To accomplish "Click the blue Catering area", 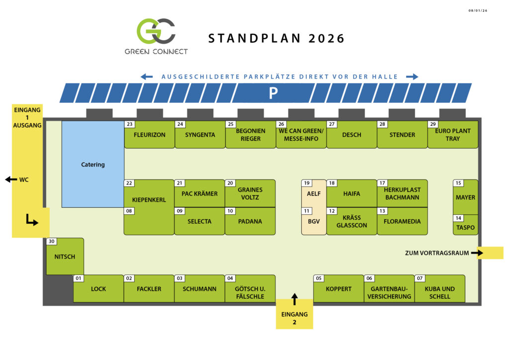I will click(x=93, y=165).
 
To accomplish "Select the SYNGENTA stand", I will click(x=200, y=135).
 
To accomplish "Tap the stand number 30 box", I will click(x=51, y=242).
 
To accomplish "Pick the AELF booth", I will click(x=314, y=194).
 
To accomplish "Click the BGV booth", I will click(x=314, y=222).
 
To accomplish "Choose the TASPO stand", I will click(x=465, y=228).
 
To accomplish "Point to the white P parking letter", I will click(x=273, y=93).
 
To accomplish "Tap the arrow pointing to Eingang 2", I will click(x=294, y=299).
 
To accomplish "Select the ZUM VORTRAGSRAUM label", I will click(x=437, y=253).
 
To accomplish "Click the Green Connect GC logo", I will click(x=156, y=31).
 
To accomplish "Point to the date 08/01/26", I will click(x=478, y=10).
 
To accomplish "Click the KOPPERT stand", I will click(x=339, y=289).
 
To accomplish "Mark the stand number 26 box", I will click(x=281, y=124).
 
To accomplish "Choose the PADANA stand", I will click(x=250, y=222).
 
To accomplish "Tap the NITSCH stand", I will click(x=65, y=257).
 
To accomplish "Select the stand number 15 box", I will click(x=458, y=183).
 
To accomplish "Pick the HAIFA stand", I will click(x=351, y=194).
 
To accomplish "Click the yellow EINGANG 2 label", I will click(x=294, y=318).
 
